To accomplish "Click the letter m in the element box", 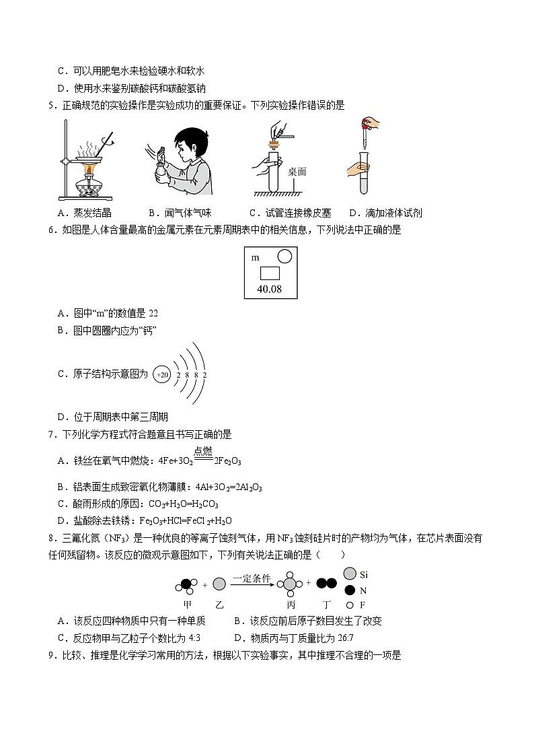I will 255,258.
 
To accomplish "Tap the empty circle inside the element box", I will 284,256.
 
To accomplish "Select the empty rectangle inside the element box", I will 270,273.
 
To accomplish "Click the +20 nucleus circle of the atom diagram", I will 161,375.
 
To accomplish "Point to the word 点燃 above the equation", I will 203,452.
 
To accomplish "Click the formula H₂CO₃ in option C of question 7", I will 207,504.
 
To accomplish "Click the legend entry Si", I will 364,575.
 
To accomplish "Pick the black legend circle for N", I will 349,590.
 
